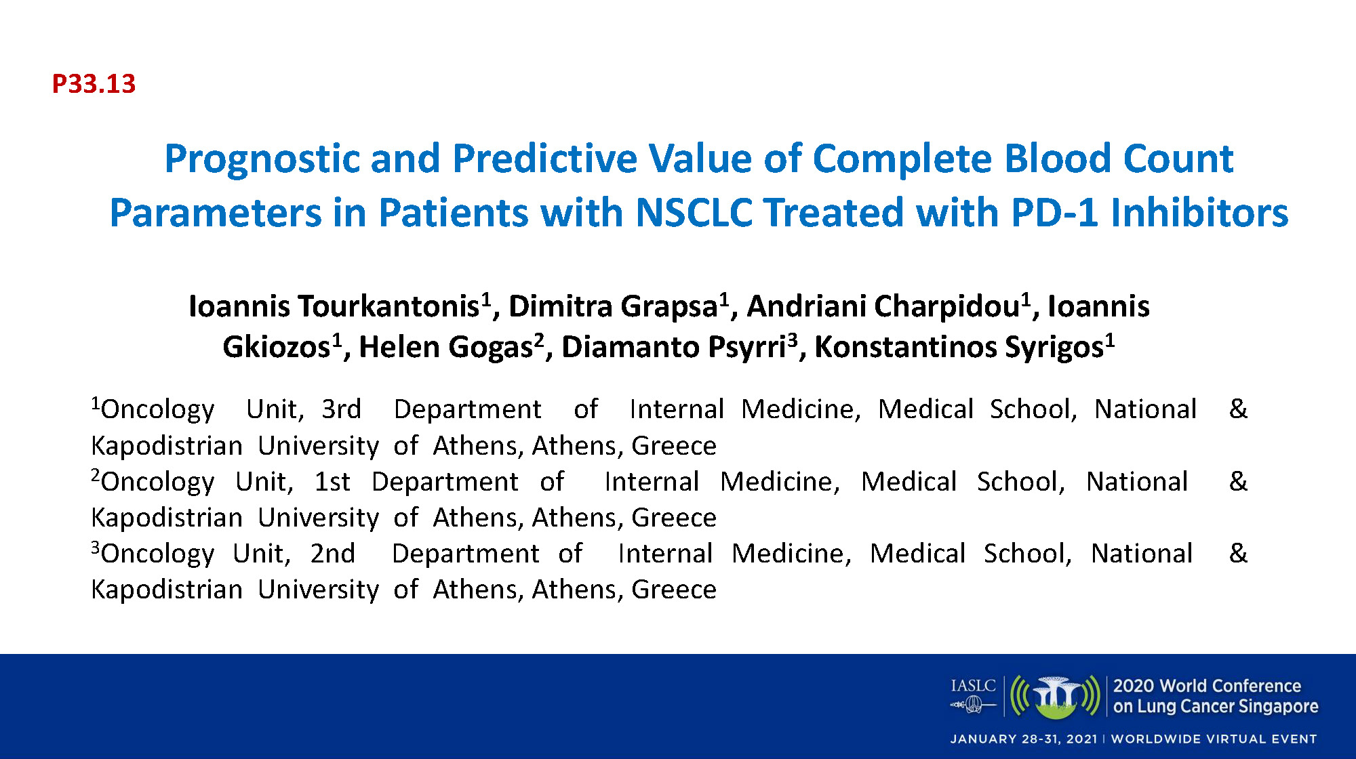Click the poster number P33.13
[x=94, y=84]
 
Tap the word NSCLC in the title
[x=694, y=213]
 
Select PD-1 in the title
[x=1054, y=213]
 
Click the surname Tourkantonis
[x=388, y=306]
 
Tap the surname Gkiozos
[x=277, y=347]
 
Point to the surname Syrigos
[x=1054, y=348]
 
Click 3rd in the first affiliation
[x=341, y=409]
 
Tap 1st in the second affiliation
[x=332, y=482]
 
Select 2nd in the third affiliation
[x=332, y=554]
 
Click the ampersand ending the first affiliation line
[x=1238, y=409]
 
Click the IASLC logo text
[x=973, y=686]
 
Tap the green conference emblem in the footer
[x=1055, y=697]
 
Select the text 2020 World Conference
[x=1207, y=686]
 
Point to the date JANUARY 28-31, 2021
[x=1024, y=739]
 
